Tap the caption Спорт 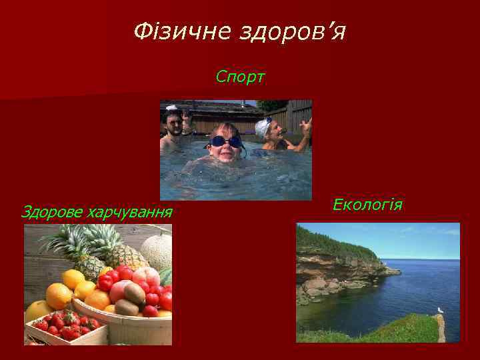[240, 78]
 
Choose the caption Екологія [367, 204]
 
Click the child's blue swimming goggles [225, 141]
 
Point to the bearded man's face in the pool [175, 124]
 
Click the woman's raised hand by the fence [305, 125]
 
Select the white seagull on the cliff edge [439, 311]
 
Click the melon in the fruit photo [157, 251]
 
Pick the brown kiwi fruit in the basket [133, 294]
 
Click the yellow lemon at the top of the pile [73, 278]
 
